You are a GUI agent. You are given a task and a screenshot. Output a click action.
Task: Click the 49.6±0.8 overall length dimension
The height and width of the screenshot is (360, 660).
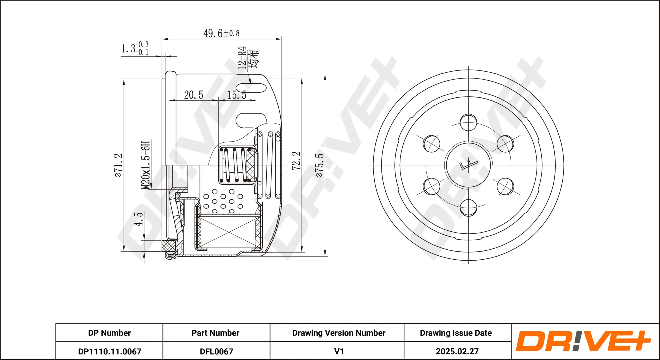(x=221, y=34)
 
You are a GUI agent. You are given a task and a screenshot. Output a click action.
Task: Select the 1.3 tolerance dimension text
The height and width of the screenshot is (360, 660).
(x=135, y=48)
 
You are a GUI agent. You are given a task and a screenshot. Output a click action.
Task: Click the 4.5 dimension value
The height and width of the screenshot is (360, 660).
(x=138, y=219)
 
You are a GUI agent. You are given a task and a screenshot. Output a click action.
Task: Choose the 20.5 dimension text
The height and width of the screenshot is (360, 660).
(x=194, y=95)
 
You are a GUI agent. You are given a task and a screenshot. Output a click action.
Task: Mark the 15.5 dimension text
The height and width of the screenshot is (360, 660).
(x=237, y=95)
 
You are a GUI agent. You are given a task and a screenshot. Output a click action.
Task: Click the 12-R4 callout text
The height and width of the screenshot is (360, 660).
(x=242, y=58)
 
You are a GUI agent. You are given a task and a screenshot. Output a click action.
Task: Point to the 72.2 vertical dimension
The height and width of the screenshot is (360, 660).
(x=296, y=161)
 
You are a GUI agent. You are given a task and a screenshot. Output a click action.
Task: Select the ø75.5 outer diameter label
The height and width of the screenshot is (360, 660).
(x=319, y=165)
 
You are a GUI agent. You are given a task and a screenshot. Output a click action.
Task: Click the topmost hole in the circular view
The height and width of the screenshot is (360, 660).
(x=468, y=123)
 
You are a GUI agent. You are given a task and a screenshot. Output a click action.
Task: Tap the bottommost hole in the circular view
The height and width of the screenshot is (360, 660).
(x=468, y=208)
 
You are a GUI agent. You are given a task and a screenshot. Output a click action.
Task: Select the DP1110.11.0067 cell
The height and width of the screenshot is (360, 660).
(x=110, y=352)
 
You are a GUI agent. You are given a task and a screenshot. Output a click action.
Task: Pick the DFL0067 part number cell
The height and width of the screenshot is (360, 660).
(x=216, y=352)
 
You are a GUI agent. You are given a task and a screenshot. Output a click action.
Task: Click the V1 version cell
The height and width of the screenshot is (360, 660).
(x=339, y=352)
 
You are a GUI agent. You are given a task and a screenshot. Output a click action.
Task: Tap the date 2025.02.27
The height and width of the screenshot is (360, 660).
(x=457, y=352)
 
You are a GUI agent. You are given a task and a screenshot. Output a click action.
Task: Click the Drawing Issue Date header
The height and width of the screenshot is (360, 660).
(x=456, y=333)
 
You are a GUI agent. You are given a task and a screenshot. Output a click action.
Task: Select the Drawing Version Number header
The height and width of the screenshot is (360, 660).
(x=339, y=333)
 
